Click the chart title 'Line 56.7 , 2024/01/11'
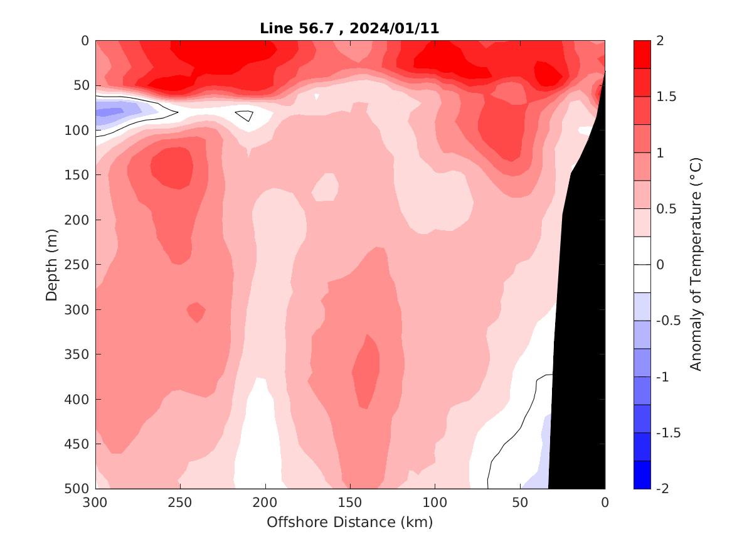point(349,28)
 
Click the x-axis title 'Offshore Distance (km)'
point(349,522)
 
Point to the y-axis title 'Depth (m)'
point(52,264)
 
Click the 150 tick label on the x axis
point(350,503)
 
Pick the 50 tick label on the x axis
point(520,503)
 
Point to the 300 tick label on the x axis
point(95,503)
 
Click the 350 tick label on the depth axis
point(78,354)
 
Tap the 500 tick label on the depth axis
point(78,488)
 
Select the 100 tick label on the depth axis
point(78,130)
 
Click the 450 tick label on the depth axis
point(78,444)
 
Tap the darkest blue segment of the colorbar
point(642,474)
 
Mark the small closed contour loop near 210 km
point(245,115)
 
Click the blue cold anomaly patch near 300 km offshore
point(110,112)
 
